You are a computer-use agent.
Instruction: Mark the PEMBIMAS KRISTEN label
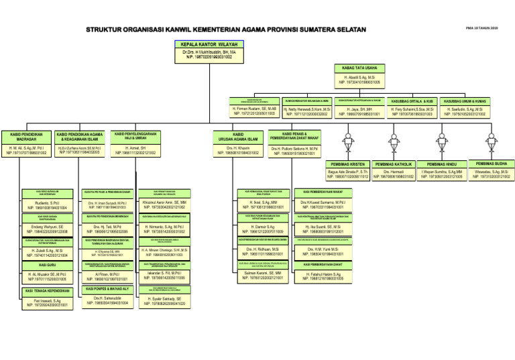(348, 164)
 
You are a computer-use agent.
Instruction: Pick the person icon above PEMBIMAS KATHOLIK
(398, 141)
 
